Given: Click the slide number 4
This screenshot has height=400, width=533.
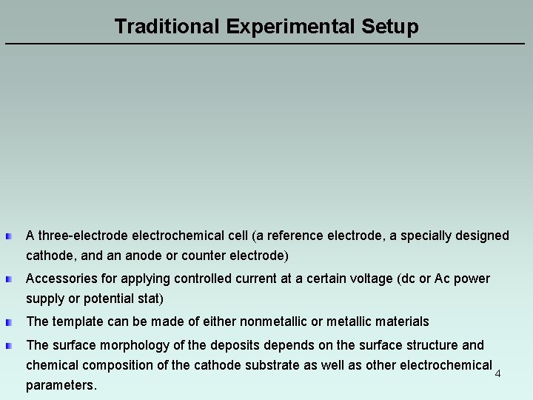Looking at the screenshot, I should coord(497,373).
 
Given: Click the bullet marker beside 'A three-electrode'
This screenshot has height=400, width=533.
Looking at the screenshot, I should coord(8,236).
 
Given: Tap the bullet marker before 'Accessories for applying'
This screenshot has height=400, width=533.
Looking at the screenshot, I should coord(8,279).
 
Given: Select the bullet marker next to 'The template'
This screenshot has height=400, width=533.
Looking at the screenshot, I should coord(8,322).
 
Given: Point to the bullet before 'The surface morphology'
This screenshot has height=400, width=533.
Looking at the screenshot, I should coord(8,346).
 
